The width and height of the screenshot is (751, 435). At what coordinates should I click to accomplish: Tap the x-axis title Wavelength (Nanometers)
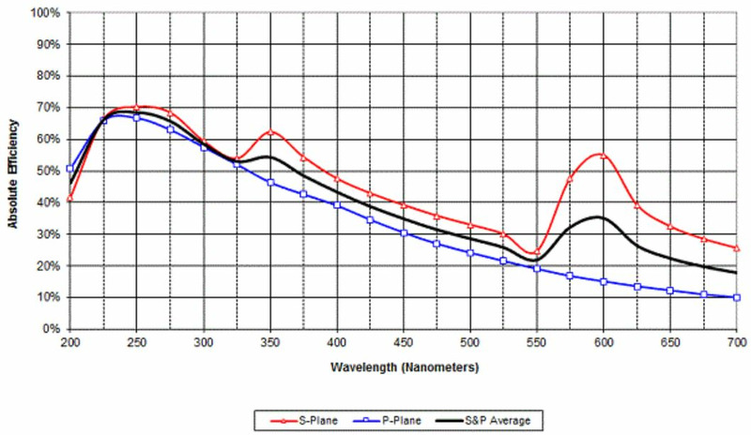[x=404, y=366]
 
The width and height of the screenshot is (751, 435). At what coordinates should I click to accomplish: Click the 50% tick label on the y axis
[x=46, y=172]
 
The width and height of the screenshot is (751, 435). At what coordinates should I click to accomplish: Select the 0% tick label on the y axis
[x=49, y=329]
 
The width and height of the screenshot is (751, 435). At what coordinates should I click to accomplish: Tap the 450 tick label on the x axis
[x=404, y=343]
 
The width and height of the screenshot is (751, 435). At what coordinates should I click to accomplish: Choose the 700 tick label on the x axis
[x=737, y=343]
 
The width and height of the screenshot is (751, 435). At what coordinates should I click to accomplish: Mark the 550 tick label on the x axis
[x=537, y=343]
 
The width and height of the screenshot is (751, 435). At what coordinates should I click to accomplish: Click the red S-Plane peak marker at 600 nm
[x=604, y=156]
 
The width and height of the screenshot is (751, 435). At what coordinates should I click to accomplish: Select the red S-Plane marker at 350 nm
[x=270, y=132]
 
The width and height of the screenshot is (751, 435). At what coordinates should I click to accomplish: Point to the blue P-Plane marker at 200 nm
[x=70, y=169]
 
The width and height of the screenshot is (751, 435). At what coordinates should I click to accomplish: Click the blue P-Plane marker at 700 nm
[x=737, y=297]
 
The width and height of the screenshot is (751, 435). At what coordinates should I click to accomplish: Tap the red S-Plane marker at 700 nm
[x=737, y=248]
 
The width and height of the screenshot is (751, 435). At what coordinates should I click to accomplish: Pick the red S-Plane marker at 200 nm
[x=70, y=199]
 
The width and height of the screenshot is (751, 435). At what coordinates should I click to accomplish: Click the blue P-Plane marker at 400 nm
[x=337, y=204]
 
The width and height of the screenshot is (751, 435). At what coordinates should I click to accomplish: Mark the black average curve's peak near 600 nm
[x=599, y=217]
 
